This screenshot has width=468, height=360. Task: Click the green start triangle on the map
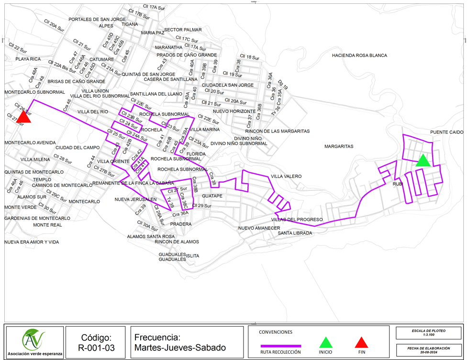click(423, 161)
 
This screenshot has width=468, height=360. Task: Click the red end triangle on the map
click(23, 117)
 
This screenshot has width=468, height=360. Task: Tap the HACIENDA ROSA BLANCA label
click(359, 55)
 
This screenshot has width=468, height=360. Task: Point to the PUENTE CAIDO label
click(446, 132)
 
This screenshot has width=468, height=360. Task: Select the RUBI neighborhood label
click(398, 184)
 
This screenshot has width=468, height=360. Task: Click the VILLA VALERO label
click(286, 176)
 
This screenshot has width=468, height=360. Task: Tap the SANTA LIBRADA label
click(295, 233)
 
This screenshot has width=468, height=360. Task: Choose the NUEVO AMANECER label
click(259, 228)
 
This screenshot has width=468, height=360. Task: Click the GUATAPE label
click(212, 196)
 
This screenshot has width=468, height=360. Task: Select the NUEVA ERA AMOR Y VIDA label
click(32, 242)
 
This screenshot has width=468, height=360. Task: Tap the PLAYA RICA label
click(28, 59)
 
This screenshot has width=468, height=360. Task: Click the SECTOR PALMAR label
click(183, 30)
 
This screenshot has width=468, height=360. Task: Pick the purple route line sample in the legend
click(281, 346)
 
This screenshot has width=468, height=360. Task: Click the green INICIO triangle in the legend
click(325, 343)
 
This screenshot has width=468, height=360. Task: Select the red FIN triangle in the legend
click(362, 343)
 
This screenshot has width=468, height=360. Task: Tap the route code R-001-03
click(97, 348)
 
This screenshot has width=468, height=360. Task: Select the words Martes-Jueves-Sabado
click(180, 348)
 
